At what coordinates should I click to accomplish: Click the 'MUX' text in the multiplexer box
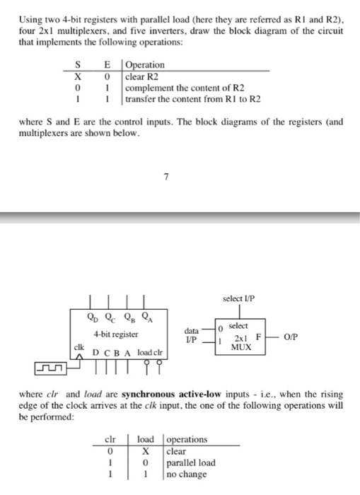click(243, 347)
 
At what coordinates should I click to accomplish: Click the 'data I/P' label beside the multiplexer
click(192, 334)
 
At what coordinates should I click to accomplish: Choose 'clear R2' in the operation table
click(146, 76)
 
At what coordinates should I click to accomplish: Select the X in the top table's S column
click(84, 76)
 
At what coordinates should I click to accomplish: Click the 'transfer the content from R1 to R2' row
click(192, 98)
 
